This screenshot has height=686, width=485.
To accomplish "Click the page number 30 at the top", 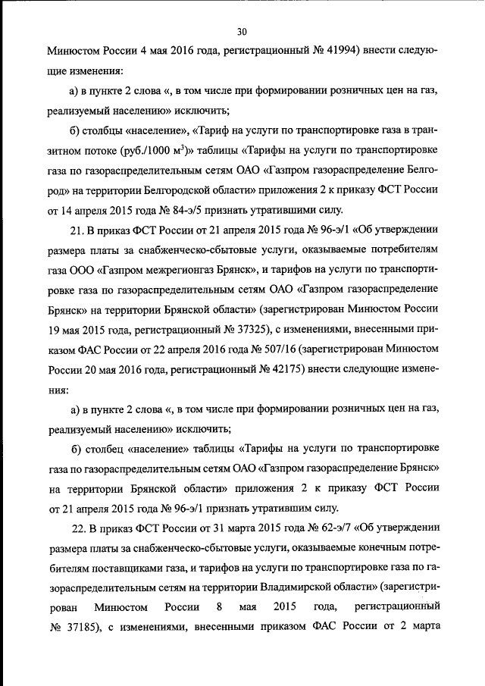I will [x=242, y=31].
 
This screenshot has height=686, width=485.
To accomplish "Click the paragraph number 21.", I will [x=77, y=228].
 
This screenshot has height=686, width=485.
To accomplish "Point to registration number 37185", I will [x=76, y=627].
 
